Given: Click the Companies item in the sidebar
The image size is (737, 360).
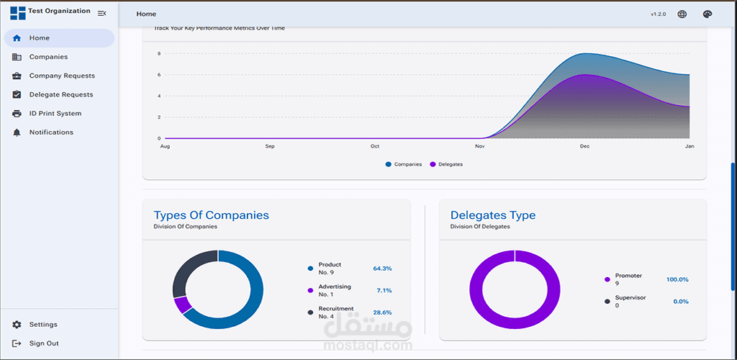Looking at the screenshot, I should pos(48,57).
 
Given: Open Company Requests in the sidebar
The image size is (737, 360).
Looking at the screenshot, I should pos(62,76).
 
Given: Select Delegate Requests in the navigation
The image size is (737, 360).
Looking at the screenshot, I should pos(61,94).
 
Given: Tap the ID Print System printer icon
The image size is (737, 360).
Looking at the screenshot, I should pos(17,114).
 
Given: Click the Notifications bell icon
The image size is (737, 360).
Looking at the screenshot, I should pos(17,132).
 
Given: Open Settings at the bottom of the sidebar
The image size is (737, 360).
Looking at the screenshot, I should pos(43,325).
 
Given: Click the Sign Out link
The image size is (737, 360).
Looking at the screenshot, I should pos(44,343).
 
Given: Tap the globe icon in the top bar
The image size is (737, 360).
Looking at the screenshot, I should pos(682,14).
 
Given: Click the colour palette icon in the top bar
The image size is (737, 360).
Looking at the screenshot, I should pos(706,14).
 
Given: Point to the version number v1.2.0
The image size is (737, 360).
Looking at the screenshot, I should pos(658,14).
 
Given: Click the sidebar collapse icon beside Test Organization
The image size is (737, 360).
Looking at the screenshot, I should pos(102,13).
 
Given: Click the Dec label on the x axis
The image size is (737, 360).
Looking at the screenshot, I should pos(584,146).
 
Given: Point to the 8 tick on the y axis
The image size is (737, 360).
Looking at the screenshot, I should pos(159,53).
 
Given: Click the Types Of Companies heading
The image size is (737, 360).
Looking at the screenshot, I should pos(211,215).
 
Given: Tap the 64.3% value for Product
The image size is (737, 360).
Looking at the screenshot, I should pos(382,269).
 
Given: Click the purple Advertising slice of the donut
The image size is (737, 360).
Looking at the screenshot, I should pos(183,305).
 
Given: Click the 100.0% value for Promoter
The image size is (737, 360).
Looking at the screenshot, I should pos(677,279).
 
